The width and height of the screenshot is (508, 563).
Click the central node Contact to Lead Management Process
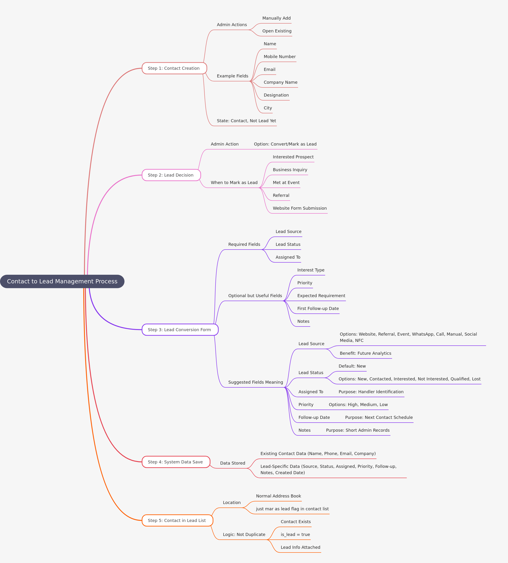coord(62,281)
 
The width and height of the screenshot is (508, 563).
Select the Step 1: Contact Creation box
coord(174,68)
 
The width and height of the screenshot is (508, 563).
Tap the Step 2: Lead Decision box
coord(171,175)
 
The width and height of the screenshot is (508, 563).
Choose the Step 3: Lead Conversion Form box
coord(180,330)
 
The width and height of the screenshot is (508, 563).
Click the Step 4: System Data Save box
coord(176,462)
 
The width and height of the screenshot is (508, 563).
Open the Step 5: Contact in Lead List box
coord(177,521)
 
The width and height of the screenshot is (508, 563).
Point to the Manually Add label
coord(276,18)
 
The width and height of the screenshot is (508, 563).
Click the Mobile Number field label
coord(279,57)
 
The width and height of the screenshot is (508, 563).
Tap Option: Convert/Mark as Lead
coord(285,144)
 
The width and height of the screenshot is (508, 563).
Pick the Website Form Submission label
coord(299,208)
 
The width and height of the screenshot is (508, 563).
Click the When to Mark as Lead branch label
coord(234,183)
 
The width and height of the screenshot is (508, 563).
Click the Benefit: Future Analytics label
coord(365,353)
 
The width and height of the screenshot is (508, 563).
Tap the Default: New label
coord(352,366)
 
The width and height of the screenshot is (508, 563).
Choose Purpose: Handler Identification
coord(371,392)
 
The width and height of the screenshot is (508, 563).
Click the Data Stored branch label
coord(233,463)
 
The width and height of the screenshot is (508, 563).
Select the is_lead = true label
coord(295,535)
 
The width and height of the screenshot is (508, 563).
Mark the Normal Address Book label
coord(278,496)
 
